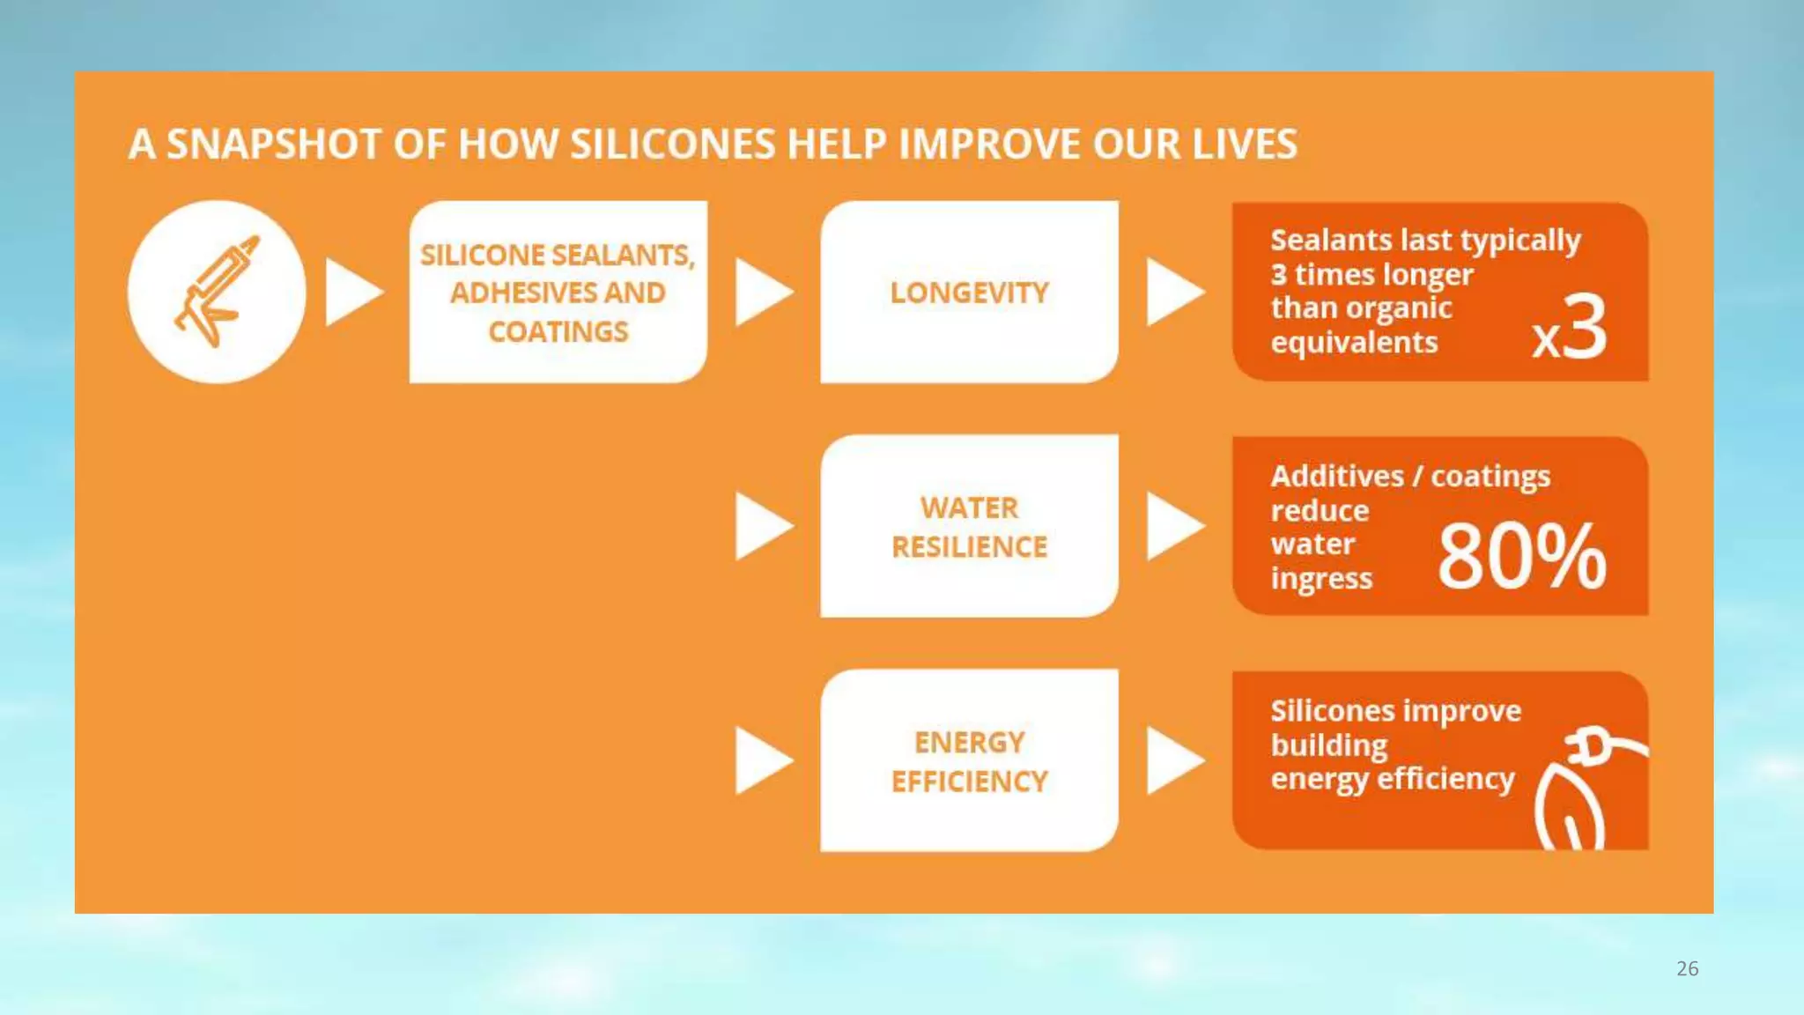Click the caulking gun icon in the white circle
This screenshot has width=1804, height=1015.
pos(216,291)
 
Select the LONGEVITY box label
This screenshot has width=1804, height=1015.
pos(969,293)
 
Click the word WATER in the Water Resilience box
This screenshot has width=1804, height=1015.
pos(969,508)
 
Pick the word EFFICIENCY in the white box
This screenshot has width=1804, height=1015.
pos(969,782)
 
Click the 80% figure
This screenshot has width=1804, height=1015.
pos(1521,557)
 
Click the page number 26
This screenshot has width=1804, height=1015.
pos(1687,968)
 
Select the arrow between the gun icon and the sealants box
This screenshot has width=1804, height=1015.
pos(352,292)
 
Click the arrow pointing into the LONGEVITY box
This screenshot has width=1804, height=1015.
pos(762,292)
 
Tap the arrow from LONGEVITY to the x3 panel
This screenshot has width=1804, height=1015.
pos(1173,292)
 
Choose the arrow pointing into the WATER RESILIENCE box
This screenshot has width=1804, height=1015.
pos(762,526)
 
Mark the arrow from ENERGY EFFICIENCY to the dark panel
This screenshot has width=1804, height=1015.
pos(1173,760)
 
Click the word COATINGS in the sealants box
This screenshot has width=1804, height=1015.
pos(558,332)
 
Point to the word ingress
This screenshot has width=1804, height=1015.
pos(1320,579)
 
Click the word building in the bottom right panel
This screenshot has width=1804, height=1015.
pos(1328,745)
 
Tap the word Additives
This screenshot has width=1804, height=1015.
pos(1336,477)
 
